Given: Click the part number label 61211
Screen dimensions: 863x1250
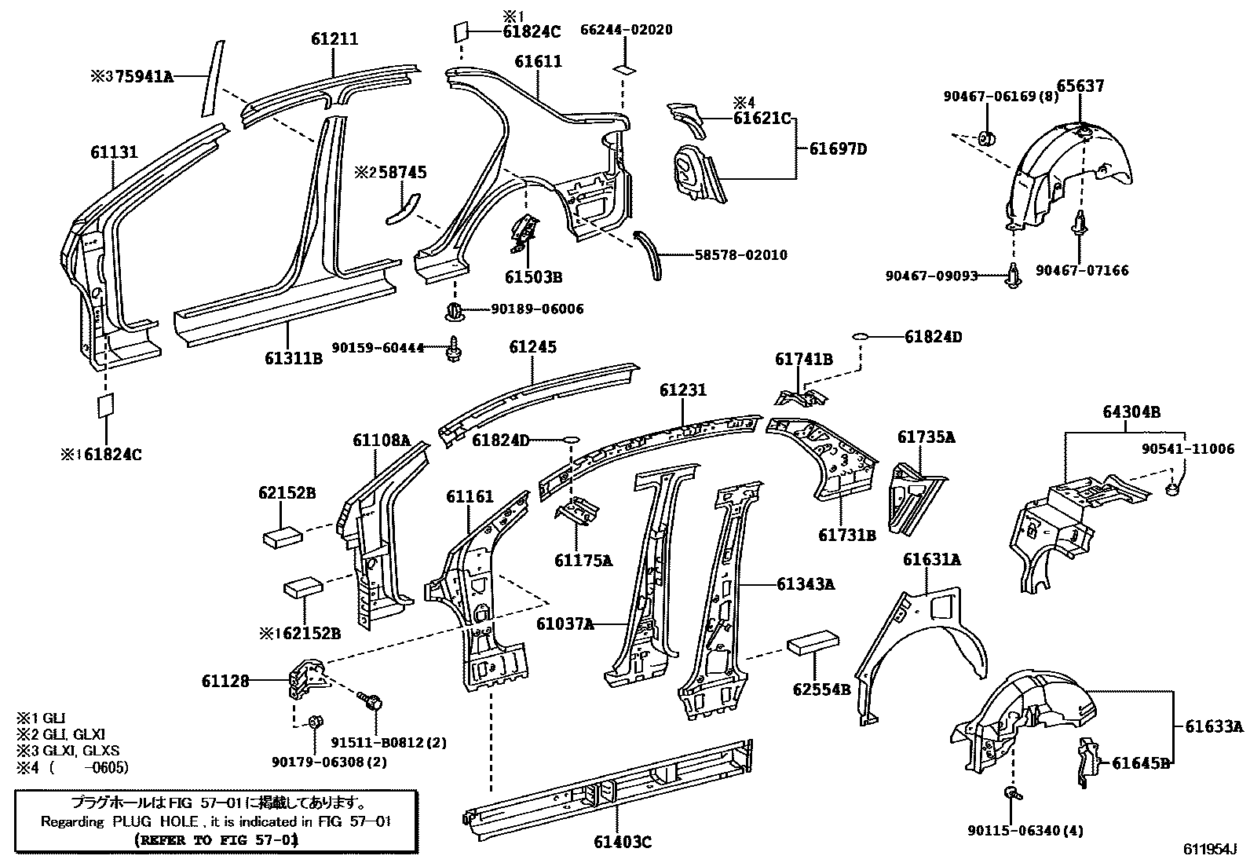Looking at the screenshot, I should (334, 38).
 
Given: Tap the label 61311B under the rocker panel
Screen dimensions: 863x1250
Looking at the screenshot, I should (294, 359).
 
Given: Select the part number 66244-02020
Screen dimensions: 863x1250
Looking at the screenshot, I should (627, 30).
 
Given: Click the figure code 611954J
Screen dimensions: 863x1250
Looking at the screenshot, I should (1210, 850).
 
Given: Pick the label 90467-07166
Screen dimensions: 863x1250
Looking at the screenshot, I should (1081, 270).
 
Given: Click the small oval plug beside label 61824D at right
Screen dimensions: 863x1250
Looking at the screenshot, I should (861, 337).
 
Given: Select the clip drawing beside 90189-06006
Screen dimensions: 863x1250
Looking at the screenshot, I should (454, 311).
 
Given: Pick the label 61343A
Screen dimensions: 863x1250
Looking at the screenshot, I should (806, 583).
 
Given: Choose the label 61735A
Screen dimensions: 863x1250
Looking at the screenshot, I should (926, 437).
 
